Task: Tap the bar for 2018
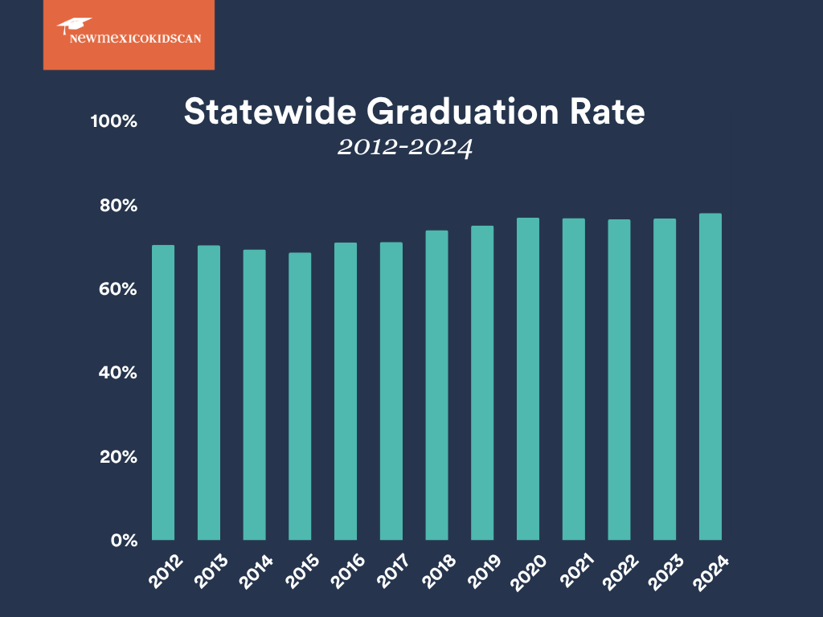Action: coord(436,385)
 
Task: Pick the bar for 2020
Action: coord(527,378)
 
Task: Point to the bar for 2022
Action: coord(619,379)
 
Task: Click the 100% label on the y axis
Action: coord(114,121)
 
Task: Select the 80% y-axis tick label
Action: coord(118,206)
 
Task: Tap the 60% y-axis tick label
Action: coord(118,289)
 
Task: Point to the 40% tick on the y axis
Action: coord(118,373)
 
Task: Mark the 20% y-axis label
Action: coord(118,456)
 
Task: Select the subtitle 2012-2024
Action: coord(404,148)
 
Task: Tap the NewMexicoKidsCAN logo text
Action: coord(124,38)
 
